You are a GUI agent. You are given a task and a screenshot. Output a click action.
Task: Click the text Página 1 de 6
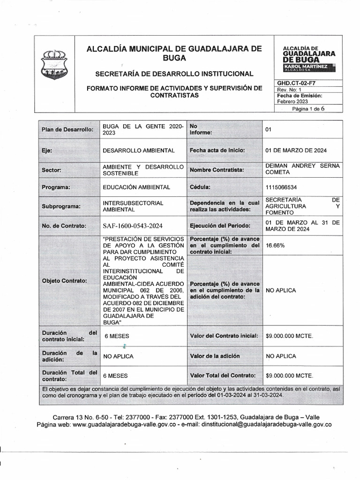point(308,108)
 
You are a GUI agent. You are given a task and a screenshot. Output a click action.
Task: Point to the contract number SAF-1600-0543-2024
point(133,226)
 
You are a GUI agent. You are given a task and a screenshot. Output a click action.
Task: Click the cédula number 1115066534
point(281,187)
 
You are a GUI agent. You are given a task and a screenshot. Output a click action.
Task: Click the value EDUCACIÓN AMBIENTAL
point(136,187)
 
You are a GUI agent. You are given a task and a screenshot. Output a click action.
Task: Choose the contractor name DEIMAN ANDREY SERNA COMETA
point(302,169)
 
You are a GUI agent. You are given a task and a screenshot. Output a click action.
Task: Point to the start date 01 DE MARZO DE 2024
point(296,150)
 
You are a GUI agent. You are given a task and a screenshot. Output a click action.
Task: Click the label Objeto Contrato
point(65,281)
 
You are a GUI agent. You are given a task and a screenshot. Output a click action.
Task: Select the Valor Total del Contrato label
point(223,375)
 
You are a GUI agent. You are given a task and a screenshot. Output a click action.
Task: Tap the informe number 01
point(269,129)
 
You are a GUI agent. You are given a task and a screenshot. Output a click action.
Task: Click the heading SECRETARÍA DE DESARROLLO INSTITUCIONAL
point(174,74)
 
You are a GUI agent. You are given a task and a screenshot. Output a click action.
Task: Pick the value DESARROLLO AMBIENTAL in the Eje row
point(138,150)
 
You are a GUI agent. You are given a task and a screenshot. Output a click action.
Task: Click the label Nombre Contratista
point(217,169)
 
